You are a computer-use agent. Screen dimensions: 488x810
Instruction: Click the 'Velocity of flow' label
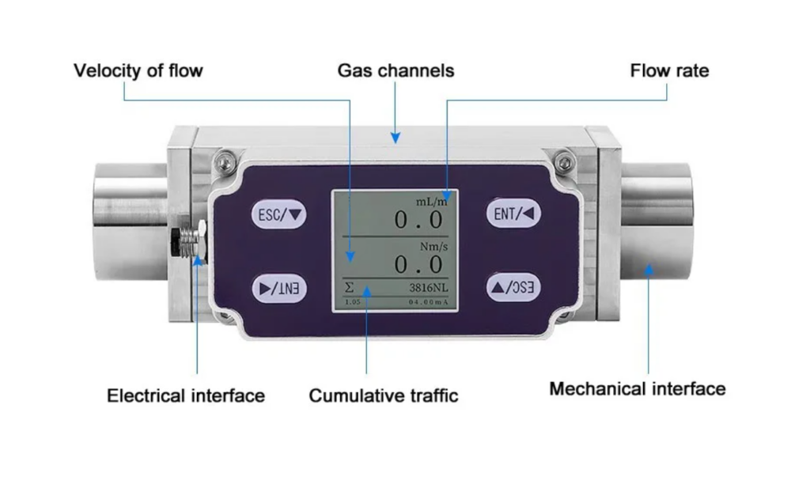tap(138, 71)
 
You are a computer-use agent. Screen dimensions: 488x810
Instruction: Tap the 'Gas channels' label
tap(396, 71)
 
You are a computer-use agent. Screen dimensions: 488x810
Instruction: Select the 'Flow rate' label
tap(669, 71)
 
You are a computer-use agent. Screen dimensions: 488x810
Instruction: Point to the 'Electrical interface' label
tap(186, 395)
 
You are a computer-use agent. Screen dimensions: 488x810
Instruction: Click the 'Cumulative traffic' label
tap(384, 395)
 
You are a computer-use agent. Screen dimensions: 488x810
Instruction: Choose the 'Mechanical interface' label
tap(637, 389)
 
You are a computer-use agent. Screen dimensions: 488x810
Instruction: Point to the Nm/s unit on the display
tap(434, 246)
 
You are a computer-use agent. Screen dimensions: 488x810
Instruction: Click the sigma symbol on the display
tap(350, 288)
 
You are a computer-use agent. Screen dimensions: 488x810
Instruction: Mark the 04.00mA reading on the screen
tap(427, 302)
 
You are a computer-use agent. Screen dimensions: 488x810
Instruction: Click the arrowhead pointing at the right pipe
tap(649, 270)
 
